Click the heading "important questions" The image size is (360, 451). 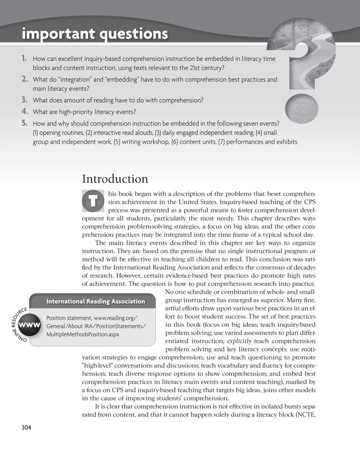click(x=95, y=34)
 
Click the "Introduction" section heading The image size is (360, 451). click(x=115, y=179)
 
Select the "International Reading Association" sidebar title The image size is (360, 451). click(x=96, y=302)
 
